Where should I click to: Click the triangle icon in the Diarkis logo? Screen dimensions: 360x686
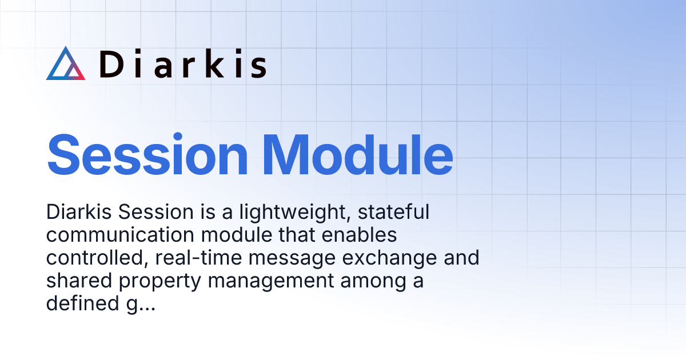66,64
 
